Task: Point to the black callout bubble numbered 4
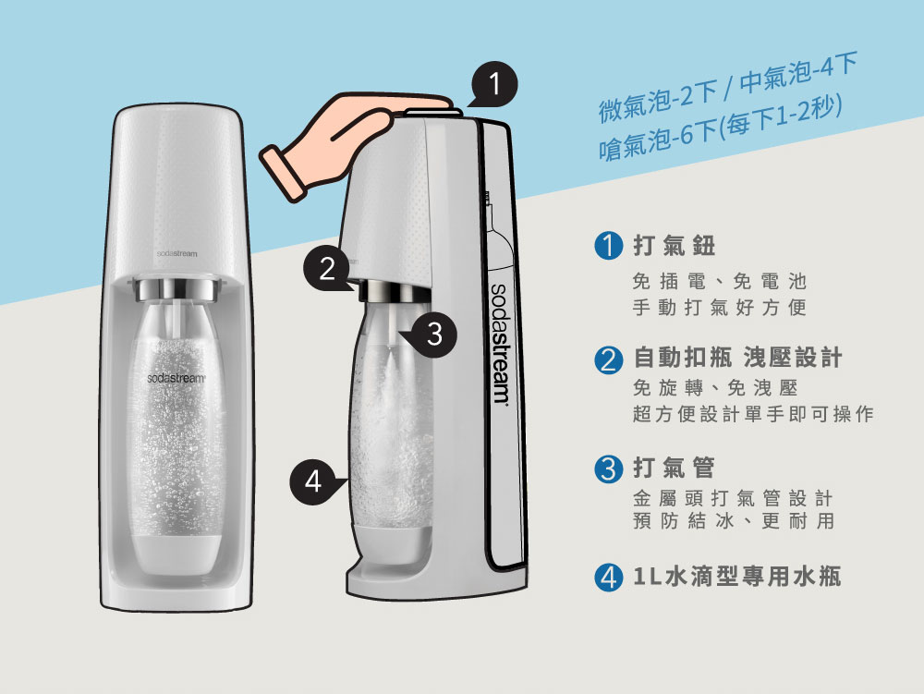click(313, 481)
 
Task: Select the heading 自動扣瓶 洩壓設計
click(737, 359)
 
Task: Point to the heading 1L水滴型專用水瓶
click(737, 578)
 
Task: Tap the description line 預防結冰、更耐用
click(734, 521)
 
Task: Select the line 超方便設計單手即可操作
click(752, 415)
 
